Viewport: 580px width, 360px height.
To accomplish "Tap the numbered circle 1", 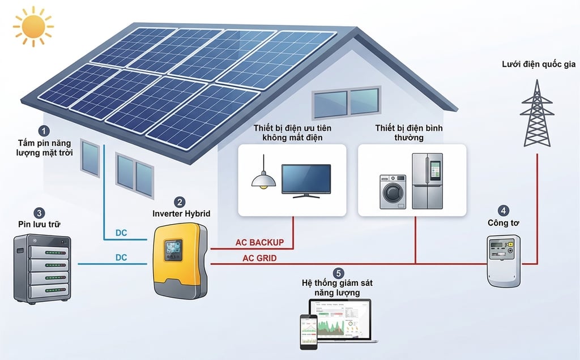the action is [45, 131].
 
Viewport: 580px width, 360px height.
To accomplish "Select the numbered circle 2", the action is [180, 202].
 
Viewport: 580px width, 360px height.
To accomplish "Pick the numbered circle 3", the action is [39, 213].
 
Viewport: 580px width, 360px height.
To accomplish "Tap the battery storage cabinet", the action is [42, 268].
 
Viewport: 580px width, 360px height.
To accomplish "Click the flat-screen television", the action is [306, 180].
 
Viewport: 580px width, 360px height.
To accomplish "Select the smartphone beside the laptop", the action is [308, 329].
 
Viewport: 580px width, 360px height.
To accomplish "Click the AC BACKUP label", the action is [259, 243].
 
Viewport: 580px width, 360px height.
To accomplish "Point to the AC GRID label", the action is [259, 259].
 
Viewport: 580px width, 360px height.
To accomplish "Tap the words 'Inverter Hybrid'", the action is [181, 213].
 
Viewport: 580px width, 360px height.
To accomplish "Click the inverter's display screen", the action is [172, 249].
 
